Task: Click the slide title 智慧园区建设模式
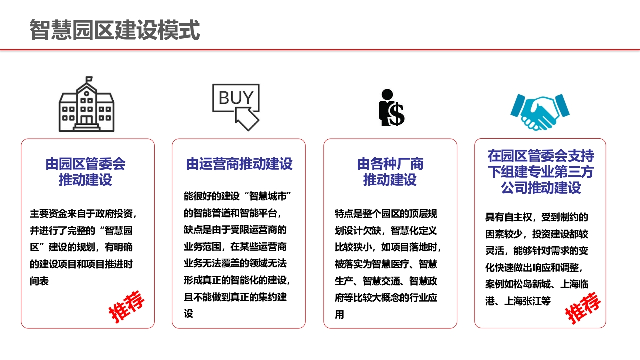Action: click(115, 30)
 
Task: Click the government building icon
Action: click(87, 104)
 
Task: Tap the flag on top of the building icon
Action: click(89, 79)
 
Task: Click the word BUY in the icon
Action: click(236, 97)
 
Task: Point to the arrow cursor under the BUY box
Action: click(247, 119)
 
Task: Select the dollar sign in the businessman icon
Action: click(396, 115)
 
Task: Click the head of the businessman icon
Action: click(387, 94)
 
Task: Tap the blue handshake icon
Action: click(540, 112)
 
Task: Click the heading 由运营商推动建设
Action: click(239, 164)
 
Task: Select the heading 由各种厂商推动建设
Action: click(390, 172)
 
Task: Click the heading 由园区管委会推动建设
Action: click(85, 172)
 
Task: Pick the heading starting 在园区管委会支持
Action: click(541, 172)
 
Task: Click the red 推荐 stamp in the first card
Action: click(126, 307)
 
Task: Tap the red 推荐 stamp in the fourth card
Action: click(583, 308)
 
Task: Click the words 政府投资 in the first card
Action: click(114, 213)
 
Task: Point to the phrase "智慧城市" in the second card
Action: click(267, 196)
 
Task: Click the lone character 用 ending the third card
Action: click(339, 315)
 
